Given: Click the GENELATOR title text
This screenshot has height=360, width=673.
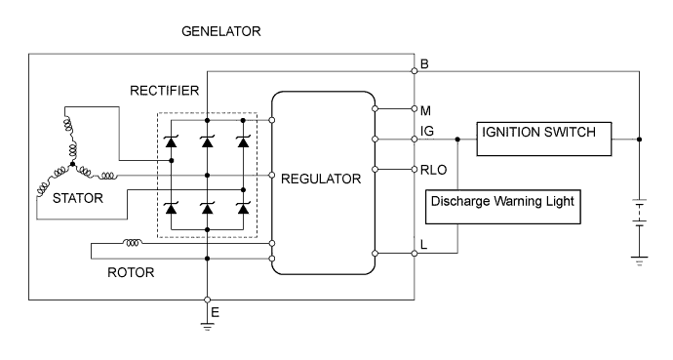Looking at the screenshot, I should (221, 32).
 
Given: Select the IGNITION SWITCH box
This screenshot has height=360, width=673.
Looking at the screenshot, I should (542, 140).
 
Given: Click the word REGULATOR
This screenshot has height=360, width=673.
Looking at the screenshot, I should (322, 179).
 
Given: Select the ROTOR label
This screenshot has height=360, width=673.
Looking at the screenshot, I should (130, 273).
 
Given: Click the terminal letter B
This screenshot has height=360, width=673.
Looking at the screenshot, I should (424, 64).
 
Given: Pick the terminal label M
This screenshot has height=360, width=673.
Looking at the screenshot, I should (425, 108).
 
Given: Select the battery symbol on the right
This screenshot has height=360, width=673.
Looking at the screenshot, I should (639, 214).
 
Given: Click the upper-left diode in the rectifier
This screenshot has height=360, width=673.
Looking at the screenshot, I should (172, 142).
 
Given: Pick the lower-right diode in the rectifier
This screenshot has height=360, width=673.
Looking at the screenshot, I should (241, 208).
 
